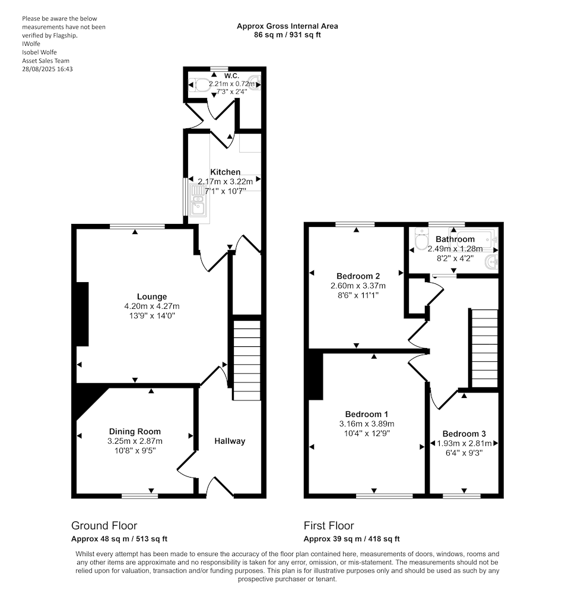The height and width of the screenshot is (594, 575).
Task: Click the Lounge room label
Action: (152, 296)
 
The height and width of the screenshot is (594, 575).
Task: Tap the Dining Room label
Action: (135, 431)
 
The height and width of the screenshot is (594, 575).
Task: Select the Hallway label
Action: (230, 441)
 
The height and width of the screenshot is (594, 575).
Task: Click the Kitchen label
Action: (225, 172)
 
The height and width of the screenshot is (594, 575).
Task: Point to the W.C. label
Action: (231, 75)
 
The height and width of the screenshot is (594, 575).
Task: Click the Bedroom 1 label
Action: (366, 414)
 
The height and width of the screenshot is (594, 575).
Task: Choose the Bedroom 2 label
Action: (358, 276)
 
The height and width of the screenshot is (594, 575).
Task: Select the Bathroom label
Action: (455, 239)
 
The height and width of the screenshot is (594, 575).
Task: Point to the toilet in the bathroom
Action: (421, 241)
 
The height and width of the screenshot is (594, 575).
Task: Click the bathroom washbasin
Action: (492, 263)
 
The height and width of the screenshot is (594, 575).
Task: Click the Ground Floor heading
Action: (104, 526)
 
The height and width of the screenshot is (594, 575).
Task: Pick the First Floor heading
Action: (329, 526)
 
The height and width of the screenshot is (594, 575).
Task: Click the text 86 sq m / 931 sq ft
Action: (288, 35)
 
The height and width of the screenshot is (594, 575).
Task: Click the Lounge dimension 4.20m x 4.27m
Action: (152, 306)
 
